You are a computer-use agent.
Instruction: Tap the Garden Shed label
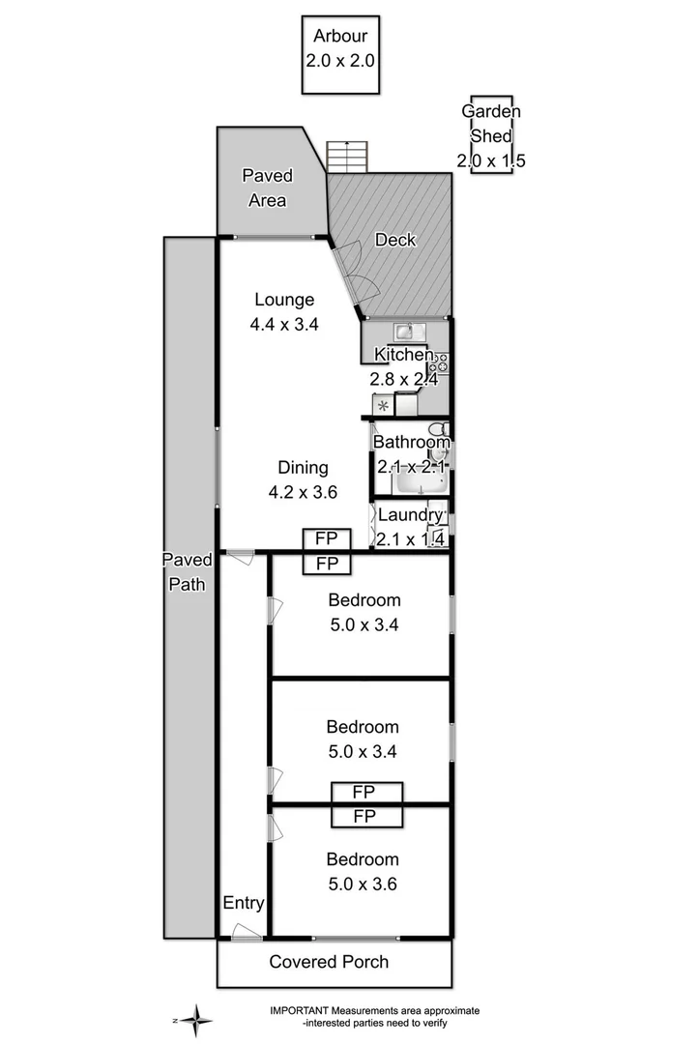[x=491, y=135]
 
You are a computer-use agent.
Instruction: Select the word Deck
[x=395, y=240]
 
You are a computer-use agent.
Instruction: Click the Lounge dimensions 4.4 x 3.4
[x=284, y=325]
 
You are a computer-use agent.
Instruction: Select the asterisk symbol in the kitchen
[x=382, y=406]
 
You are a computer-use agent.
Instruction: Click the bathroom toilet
[x=438, y=430]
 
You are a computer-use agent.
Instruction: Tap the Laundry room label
[x=410, y=514]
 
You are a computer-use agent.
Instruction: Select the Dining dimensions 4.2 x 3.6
[x=303, y=491]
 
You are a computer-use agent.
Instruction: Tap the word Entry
[x=244, y=903]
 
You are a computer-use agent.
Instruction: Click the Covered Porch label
[x=329, y=962]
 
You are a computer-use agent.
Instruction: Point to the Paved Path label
[x=186, y=571]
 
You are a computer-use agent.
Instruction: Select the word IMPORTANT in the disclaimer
[x=302, y=1010]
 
